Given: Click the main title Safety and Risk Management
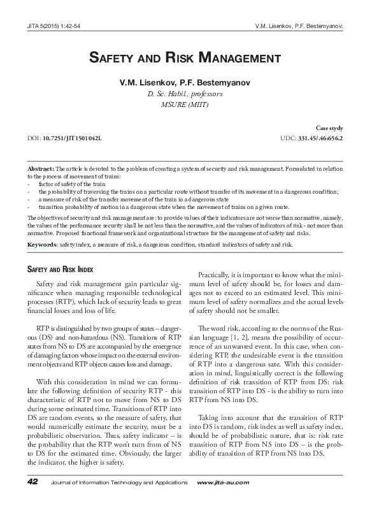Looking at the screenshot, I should tap(189, 59).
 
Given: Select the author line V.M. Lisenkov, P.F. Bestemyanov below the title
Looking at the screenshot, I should tap(189, 83).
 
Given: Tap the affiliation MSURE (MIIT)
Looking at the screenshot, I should tap(189, 105).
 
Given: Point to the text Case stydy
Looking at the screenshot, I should tap(329, 128).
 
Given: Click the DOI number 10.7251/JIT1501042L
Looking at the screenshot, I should tap(72, 138).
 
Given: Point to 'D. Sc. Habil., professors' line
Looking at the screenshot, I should tap(189, 94).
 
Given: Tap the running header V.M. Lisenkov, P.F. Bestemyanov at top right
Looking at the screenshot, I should tap(298, 27).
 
